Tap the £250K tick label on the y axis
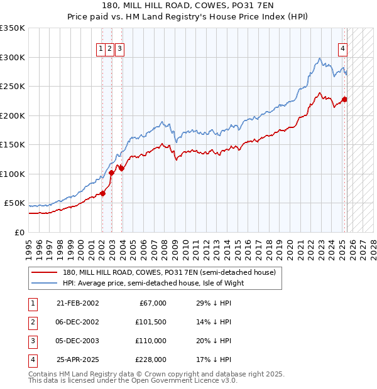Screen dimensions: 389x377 pyautogui.click(x=13, y=86)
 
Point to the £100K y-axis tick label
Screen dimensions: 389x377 pyautogui.click(x=13, y=174)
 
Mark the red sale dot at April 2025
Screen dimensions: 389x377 pyautogui.click(x=344, y=99)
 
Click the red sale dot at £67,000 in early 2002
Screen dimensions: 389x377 pyautogui.click(x=102, y=193)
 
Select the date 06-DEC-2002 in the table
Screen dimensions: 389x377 pyautogui.click(x=77, y=322)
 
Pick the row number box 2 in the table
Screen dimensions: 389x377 pyautogui.click(x=32, y=322)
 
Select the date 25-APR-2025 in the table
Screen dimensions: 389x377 pyautogui.click(x=77, y=360)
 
